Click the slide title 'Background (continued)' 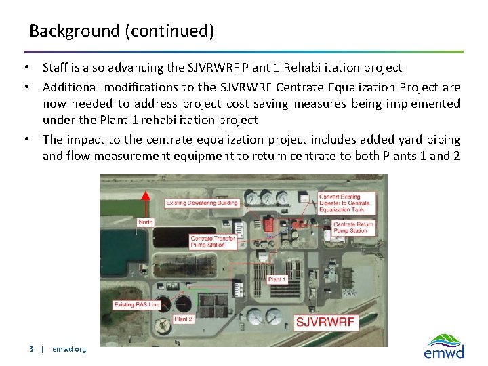point(122,31)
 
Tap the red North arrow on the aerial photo point(144,203)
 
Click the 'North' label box point(145,222)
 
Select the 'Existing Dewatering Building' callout point(202,203)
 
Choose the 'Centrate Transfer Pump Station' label point(213,241)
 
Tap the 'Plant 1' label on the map point(277,279)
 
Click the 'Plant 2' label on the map point(183,319)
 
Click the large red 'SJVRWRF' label point(325,321)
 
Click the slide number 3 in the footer point(31,350)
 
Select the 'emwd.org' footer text point(69,350)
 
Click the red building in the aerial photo point(269,224)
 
